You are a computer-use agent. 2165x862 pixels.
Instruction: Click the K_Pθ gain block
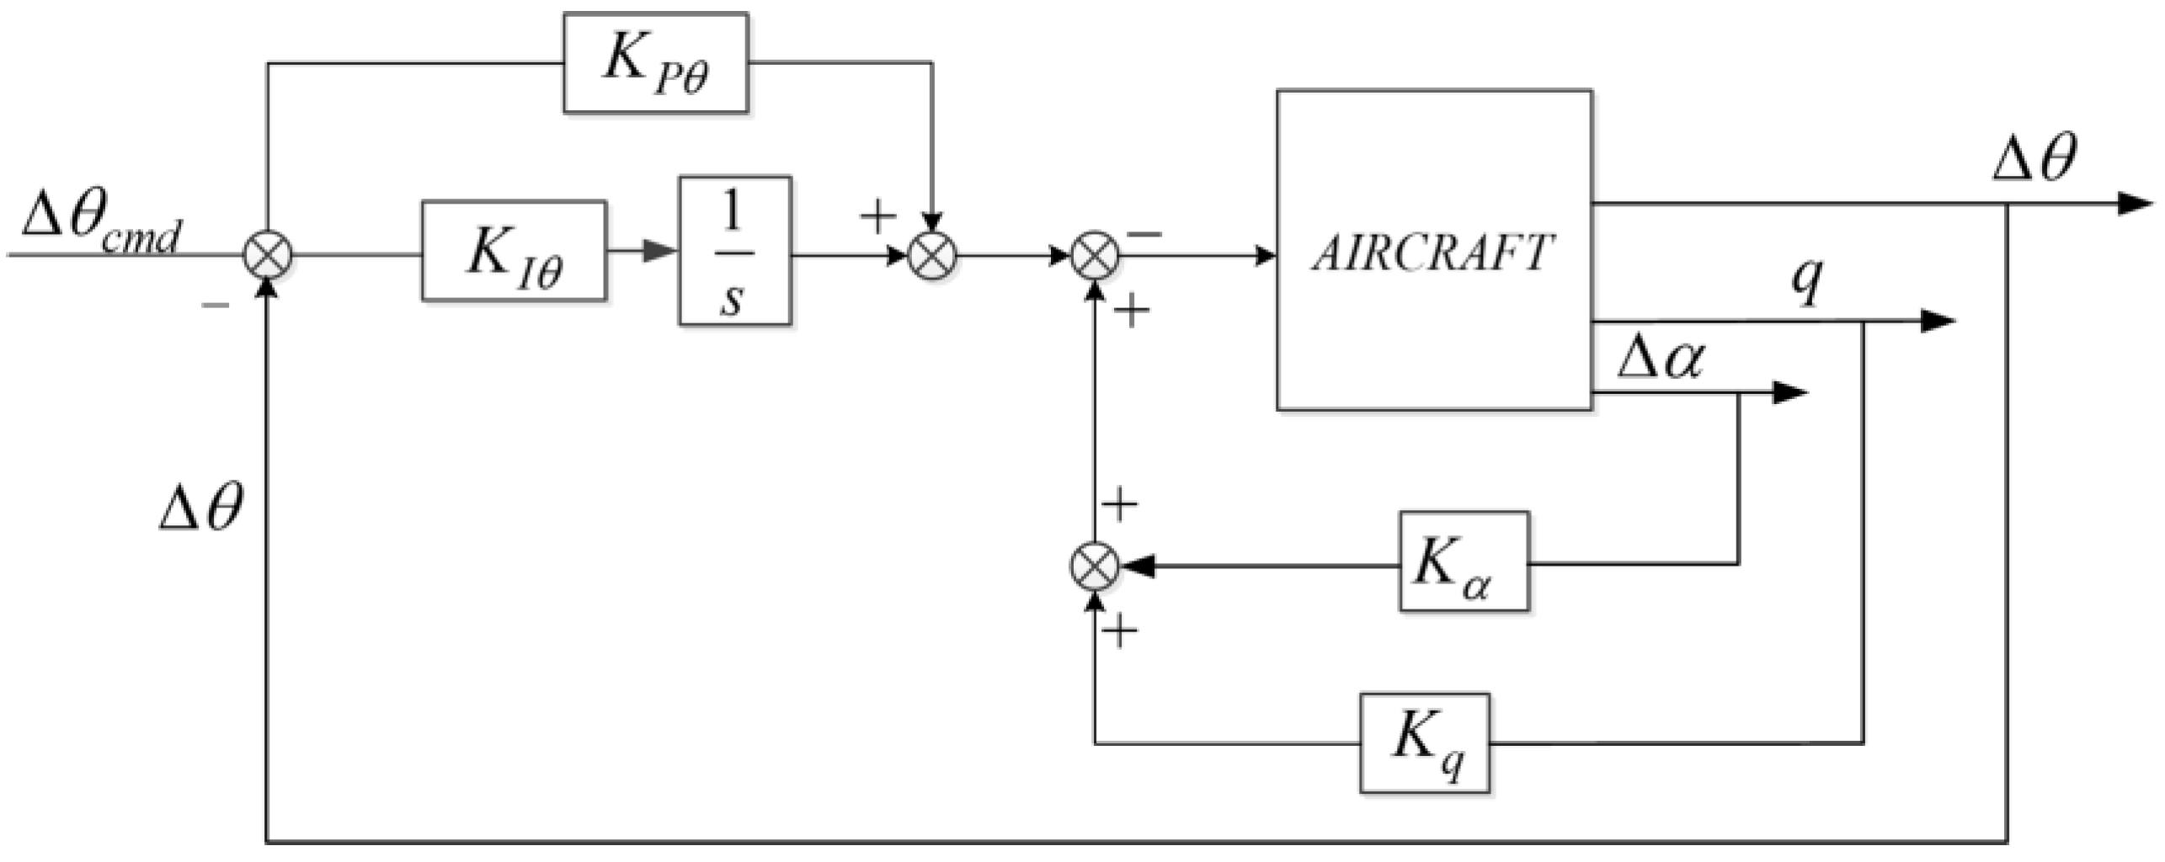click(655, 62)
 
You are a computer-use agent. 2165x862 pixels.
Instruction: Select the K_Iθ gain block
click(514, 251)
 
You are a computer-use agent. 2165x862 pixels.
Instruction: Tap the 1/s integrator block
click(734, 251)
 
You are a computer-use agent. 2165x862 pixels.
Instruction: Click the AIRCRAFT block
click(1433, 251)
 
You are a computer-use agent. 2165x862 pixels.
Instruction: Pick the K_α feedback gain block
click(1464, 561)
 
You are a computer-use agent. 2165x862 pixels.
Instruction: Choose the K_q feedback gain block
click(1425, 743)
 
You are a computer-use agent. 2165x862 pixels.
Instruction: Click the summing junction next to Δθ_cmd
click(268, 254)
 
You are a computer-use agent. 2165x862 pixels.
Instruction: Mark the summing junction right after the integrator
click(932, 254)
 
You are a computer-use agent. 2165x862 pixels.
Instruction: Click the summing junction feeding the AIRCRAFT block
click(1095, 254)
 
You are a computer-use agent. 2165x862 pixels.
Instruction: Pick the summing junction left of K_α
click(1094, 566)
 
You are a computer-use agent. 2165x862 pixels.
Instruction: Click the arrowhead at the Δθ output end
click(2134, 204)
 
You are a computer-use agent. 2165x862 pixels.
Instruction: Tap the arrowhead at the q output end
click(1937, 322)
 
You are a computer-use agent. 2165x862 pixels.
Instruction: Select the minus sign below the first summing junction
click(216, 305)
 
